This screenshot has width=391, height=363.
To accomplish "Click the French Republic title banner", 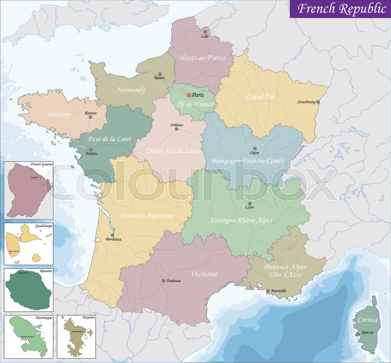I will click(x=341, y=9).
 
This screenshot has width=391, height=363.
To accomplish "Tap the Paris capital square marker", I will click(x=189, y=95).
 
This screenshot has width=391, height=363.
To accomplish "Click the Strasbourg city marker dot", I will click(x=318, y=102).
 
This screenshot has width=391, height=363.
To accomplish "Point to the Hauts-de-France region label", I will click(x=202, y=58).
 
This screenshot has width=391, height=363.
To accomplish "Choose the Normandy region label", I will click(x=130, y=90).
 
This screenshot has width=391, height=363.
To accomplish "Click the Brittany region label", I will click(x=59, y=114).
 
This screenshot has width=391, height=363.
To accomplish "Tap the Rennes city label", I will click(x=91, y=113).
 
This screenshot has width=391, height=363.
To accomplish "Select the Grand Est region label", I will click(x=260, y=97).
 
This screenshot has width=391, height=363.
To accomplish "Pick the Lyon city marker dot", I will click(x=250, y=204).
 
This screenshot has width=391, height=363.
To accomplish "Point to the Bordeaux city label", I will click(x=113, y=239).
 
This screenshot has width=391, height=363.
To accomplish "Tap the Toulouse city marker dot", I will click(x=163, y=280).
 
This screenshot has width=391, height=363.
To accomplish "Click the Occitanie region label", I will click(x=204, y=274).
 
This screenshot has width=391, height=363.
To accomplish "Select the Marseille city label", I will click(x=278, y=291).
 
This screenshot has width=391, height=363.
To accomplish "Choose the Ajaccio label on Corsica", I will click(x=368, y=332).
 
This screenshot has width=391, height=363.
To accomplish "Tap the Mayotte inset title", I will click(x=88, y=318).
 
